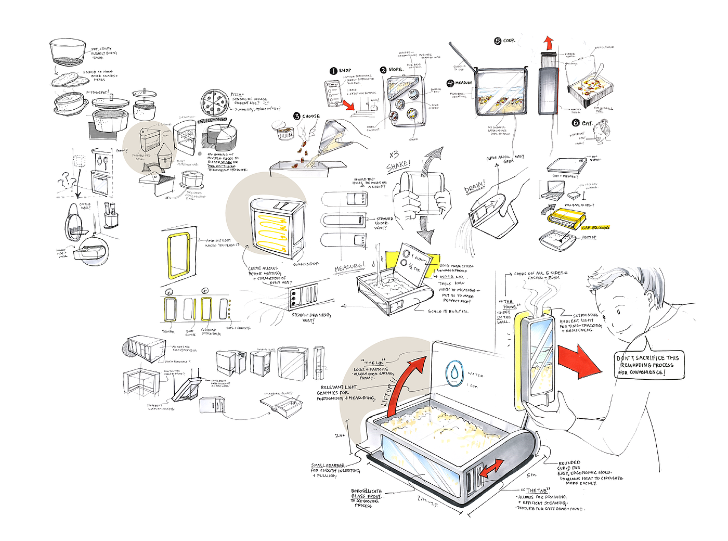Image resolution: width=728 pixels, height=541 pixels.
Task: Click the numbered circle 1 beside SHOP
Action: (x=333, y=71)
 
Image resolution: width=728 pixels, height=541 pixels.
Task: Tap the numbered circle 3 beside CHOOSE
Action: (x=297, y=117)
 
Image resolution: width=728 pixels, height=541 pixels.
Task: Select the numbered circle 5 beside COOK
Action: (x=498, y=41)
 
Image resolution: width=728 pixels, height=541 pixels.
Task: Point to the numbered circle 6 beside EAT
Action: (x=576, y=123)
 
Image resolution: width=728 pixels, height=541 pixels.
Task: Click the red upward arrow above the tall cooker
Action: (x=549, y=43)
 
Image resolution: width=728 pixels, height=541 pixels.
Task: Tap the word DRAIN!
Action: (x=474, y=187)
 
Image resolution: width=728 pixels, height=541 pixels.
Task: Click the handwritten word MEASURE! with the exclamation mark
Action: (x=349, y=267)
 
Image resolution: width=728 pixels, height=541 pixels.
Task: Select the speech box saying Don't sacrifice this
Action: (x=648, y=365)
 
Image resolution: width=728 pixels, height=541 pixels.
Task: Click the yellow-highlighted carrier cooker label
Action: (x=596, y=228)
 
